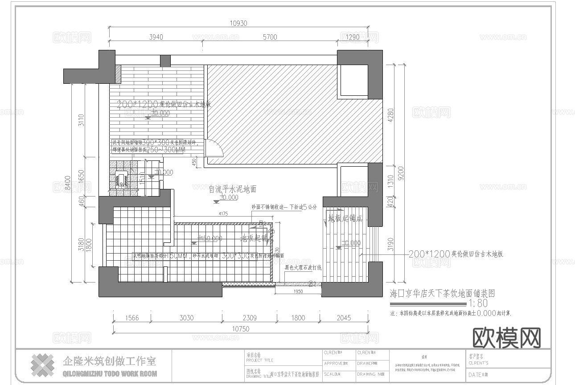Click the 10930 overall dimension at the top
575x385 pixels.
(238, 23)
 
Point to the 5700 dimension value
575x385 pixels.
(270, 37)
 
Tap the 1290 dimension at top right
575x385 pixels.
(353, 37)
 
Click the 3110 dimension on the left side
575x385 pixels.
(81, 120)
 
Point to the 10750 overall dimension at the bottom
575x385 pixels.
(240, 329)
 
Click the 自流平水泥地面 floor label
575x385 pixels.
(232, 189)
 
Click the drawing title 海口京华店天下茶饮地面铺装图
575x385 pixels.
(442, 294)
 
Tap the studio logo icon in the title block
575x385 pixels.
(42, 365)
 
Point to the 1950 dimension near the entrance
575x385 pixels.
(298, 291)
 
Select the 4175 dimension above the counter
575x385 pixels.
(223, 214)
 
